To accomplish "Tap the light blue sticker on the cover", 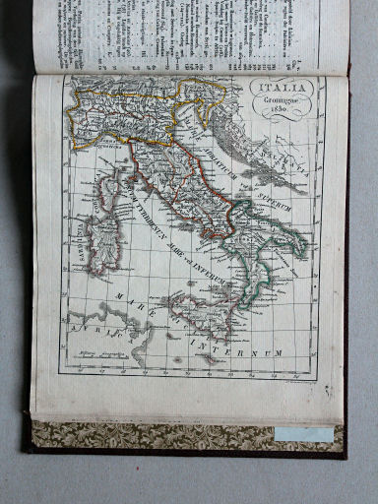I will coord(303,434).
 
